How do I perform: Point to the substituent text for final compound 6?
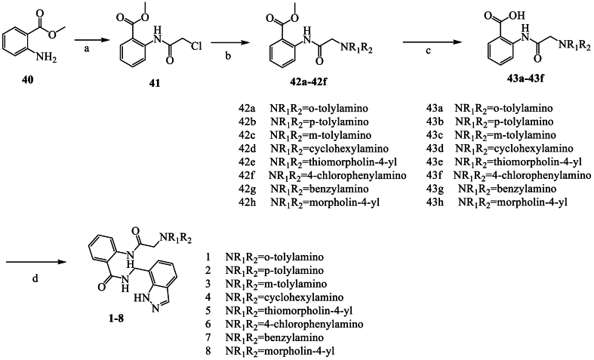point(294,324)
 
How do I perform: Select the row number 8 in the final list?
point(207,351)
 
